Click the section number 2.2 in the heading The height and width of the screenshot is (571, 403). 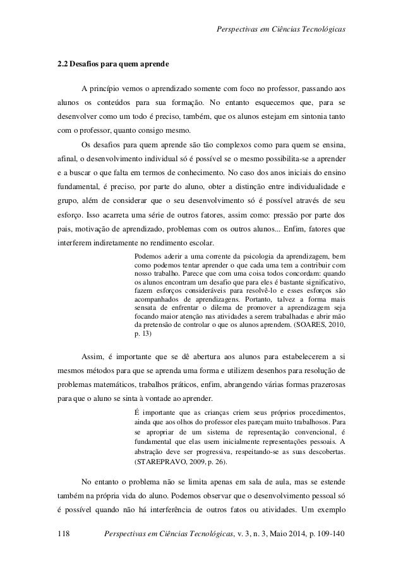pyautogui.click(x=61, y=64)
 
